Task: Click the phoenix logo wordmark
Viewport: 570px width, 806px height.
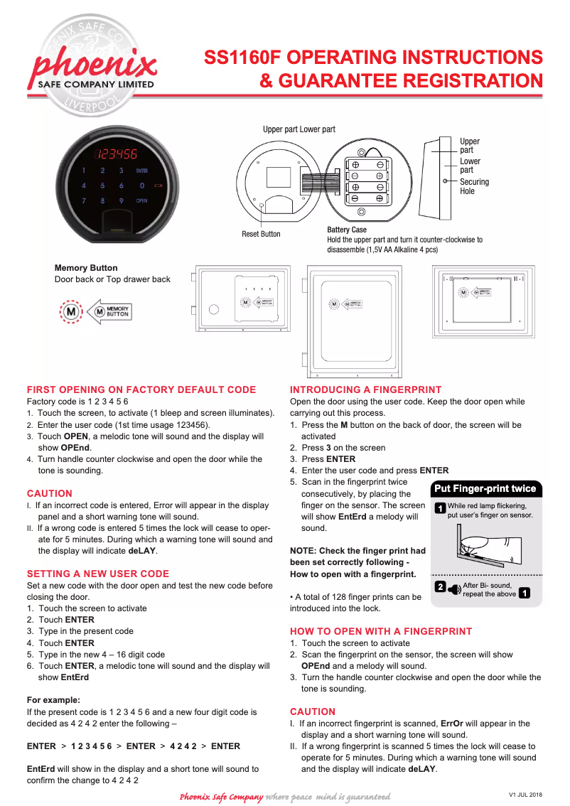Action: (x=92, y=65)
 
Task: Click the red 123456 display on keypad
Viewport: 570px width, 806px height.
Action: (x=117, y=154)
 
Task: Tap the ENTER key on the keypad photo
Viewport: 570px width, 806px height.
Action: (x=142, y=171)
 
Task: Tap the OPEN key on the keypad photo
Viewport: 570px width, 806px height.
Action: (x=142, y=201)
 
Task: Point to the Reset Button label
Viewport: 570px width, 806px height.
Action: (x=261, y=234)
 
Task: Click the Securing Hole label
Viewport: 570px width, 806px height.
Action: (x=474, y=186)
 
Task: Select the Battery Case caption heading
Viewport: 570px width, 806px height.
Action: (x=347, y=230)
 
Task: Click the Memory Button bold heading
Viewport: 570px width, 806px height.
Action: (x=86, y=268)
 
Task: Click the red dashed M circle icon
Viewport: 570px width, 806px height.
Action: (x=70, y=311)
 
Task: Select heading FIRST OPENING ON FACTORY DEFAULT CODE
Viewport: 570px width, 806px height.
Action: (x=141, y=389)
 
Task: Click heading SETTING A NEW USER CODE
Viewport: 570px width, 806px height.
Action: (x=97, y=574)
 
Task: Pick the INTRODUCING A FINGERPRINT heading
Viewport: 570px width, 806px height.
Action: (x=365, y=389)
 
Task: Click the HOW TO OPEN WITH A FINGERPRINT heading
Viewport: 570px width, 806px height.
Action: (x=380, y=631)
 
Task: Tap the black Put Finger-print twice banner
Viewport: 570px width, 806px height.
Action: (x=485, y=489)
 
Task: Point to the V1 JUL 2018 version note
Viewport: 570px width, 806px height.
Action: (x=525, y=794)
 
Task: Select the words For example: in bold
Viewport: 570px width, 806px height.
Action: (x=53, y=700)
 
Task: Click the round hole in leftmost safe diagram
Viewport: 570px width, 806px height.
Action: (x=213, y=310)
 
